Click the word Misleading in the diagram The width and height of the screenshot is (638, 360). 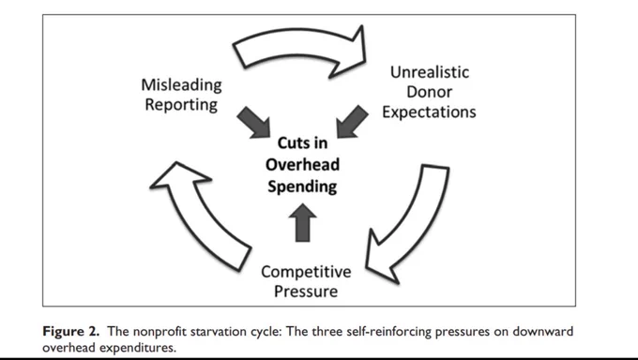point(181,86)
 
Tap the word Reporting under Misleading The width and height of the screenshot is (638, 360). point(181,105)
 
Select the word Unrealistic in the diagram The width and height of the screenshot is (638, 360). point(430,72)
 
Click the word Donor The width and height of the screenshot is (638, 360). point(430,92)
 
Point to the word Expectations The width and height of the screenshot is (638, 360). point(429,112)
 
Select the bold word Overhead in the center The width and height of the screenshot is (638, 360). point(302,164)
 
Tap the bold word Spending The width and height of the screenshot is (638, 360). point(302,187)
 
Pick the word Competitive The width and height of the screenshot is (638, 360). point(306,272)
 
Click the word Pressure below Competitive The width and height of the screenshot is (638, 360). point(306,292)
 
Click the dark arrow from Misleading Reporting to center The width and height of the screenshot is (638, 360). point(254,122)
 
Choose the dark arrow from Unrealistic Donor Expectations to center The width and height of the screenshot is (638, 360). point(353,122)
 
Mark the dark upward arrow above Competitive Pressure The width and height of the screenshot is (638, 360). point(303,222)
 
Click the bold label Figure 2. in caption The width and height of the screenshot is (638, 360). point(70,332)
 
